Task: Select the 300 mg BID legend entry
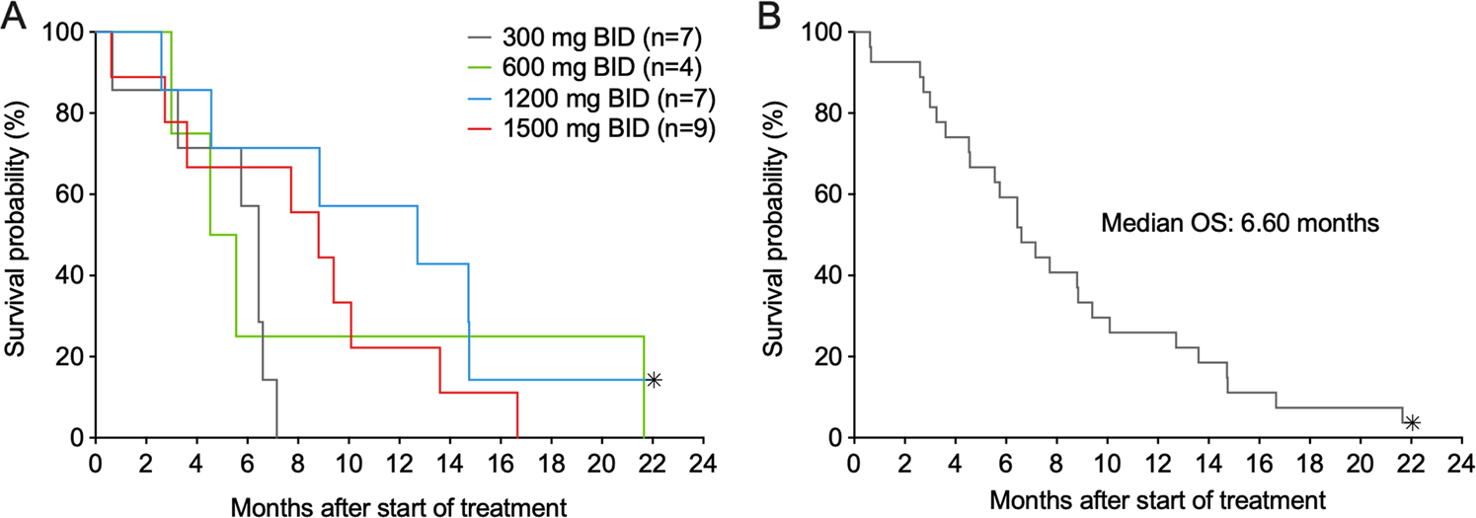(590, 42)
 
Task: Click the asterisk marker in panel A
(654, 380)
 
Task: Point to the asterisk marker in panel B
(1413, 422)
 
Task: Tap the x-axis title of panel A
(398, 506)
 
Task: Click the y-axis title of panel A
(17, 234)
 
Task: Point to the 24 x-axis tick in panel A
(703, 462)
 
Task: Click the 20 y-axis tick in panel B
(828, 356)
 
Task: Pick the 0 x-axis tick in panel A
(96, 462)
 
